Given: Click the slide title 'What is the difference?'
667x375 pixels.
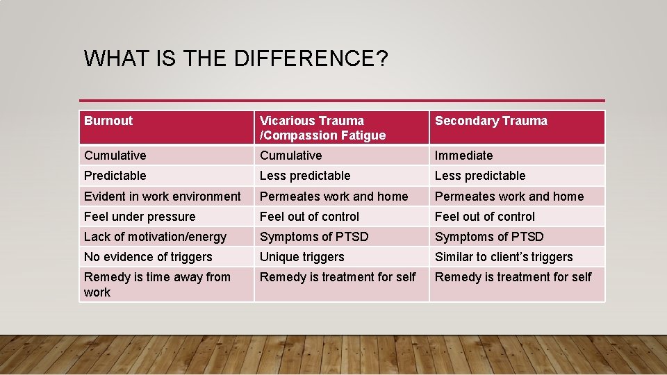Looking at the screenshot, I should click(236, 58).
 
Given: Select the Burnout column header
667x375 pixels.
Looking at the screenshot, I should click(108, 121).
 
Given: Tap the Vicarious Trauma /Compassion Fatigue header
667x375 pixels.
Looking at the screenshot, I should click(322, 128).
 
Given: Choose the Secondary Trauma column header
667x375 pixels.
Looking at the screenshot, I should click(491, 121).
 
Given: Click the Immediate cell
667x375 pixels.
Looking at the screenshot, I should click(463, 156).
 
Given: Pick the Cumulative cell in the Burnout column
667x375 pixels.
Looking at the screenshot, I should click(115, 156).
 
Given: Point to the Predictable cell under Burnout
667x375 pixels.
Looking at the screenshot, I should click(115, 176).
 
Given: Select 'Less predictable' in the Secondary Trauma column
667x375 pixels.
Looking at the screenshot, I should click(480, 176).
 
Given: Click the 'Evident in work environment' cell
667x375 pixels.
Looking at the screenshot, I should click(162, 197).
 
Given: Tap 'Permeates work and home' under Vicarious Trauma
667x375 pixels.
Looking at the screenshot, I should click(333, 197).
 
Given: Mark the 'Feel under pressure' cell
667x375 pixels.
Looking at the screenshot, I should click(140, 217).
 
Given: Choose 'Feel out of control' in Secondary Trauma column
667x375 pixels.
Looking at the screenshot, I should click(484, 217).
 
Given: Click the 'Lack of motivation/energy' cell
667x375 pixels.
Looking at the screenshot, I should click(155, 237).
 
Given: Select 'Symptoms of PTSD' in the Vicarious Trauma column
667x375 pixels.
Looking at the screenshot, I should click(314, 237).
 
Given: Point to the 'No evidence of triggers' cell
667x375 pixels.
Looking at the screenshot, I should click(148, 257).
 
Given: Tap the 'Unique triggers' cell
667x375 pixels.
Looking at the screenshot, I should click(302, 257).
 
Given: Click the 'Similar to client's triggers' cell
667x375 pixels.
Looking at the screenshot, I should click(504, 257).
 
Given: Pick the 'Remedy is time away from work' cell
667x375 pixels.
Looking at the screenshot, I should click(157, 284).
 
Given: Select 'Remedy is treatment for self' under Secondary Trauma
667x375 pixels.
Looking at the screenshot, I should click(513, 277).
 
